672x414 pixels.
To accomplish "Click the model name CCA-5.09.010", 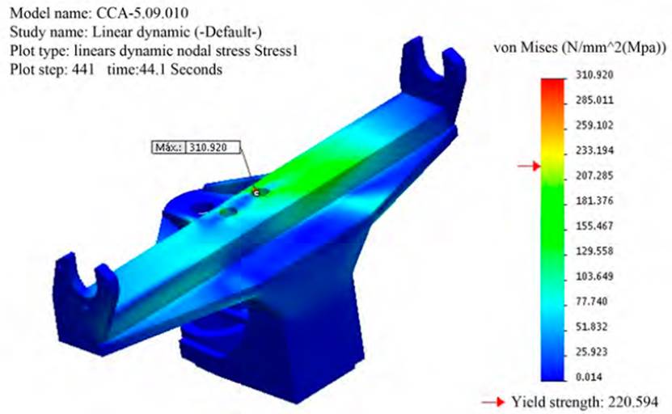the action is click(x=142, y=13).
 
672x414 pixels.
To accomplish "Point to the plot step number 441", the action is click(x=82, y=70).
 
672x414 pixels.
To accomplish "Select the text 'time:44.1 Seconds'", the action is click(x=165, y=70).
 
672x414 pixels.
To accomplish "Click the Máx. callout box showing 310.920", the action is click(x=196, y=147).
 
